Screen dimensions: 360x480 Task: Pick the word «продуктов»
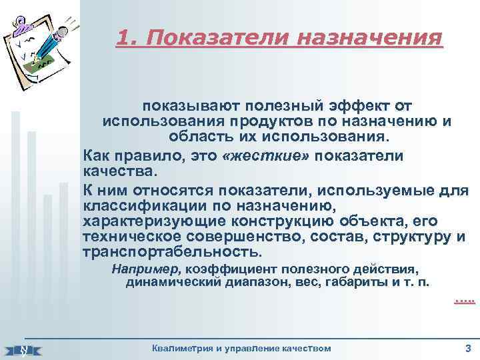(x=277, y=122)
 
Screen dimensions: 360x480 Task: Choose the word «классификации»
(x=145, y=205)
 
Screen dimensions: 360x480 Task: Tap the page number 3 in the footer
(x=467, y=347)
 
